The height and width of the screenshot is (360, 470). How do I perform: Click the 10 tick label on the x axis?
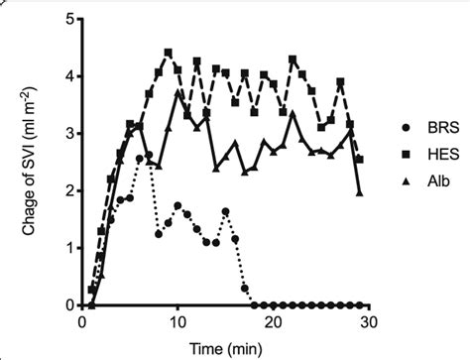tap(176, 322)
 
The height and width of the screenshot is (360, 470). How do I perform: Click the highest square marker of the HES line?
tap(168, 54)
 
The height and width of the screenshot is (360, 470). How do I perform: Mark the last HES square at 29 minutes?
tap(359, 159)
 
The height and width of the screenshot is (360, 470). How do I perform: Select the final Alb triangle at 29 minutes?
tap(359, 192)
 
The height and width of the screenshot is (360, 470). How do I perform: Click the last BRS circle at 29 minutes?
tap(359, 304)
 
